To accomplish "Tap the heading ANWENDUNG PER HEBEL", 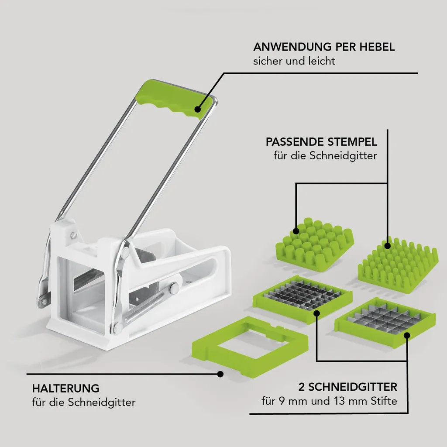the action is [324, 47].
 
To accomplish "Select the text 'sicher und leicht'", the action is [294, 61].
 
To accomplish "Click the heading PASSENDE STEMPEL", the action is [321, 142].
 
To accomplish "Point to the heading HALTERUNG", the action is [65, 388].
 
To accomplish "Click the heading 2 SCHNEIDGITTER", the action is [347, 387].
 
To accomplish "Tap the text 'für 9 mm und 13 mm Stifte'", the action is [329, 401].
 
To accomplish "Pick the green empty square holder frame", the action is [250, 346].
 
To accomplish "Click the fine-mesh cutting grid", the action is [303, 298].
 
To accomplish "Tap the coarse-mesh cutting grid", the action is [385, 322].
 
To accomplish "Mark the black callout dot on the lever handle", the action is [198, 109].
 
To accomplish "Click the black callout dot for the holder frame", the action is [220, 374].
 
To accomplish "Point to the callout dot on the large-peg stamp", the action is [296, 231].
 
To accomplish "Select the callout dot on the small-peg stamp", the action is [387, 246].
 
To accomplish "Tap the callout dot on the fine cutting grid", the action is [316, 313].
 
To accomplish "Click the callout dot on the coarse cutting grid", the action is [407, 336].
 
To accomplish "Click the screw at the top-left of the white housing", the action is [73, 235].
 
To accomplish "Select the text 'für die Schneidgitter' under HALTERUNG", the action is [84, 402].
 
